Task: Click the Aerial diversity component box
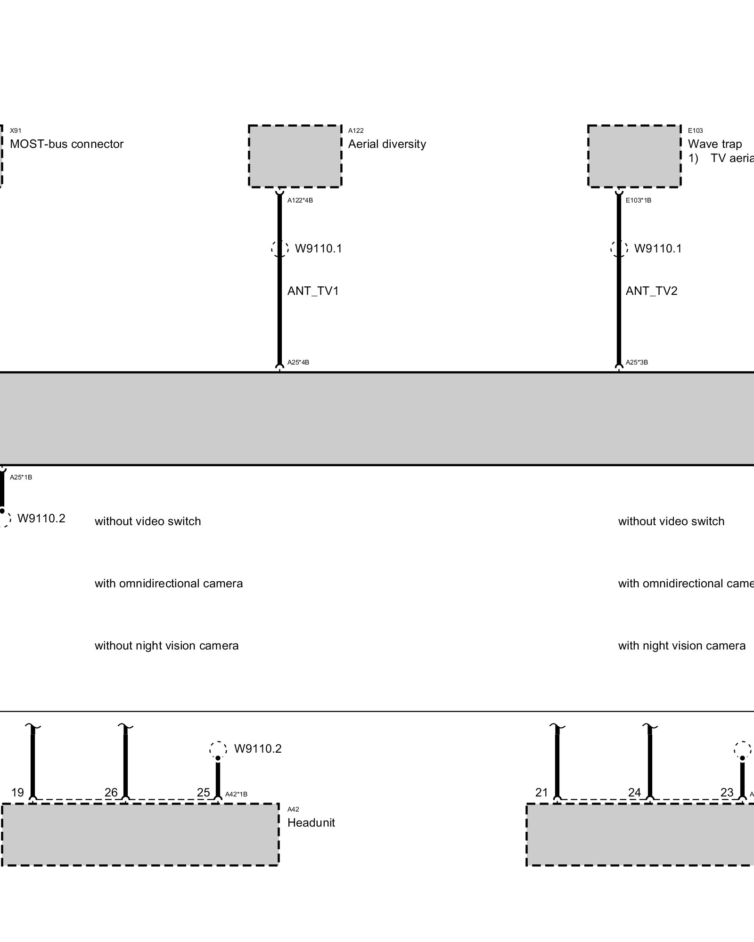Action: point(295,156)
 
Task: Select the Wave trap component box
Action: point(634,156)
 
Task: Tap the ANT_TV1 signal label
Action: point(313,291)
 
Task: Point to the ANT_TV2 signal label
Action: point(651,291)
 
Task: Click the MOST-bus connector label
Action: point(66,144)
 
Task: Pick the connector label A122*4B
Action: point(300,201)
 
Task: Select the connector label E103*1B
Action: point(639,201)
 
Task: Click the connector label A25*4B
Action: point(298,363)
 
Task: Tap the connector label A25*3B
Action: point(637,363)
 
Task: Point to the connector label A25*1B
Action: point(21,478)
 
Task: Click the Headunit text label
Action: point(311,823)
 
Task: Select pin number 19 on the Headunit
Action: point(17,793)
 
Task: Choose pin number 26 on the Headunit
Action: point(111,793)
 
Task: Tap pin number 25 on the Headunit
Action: point(204,793)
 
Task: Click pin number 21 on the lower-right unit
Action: point(542,793)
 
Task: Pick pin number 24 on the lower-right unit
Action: point(635,793)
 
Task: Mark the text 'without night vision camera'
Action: point(166,646)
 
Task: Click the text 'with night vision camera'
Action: point(681,646)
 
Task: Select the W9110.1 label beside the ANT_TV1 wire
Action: point(318,249)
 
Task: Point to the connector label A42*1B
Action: point(236,794)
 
